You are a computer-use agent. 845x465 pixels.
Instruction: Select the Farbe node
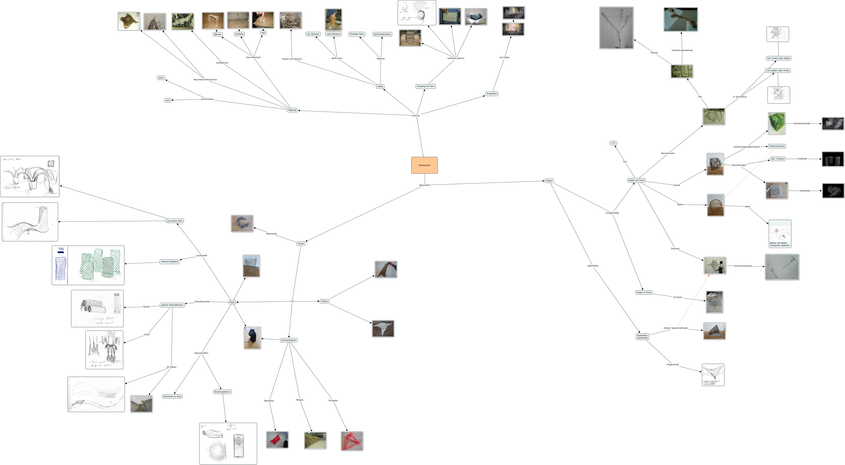tap(380, 87)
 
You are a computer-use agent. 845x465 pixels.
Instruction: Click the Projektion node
tap(491, 94)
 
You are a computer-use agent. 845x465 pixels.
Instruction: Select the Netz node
tap(232, 302)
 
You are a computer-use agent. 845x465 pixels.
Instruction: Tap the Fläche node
tap(324, 301)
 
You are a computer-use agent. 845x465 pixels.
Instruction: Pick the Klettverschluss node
tap(777, 146)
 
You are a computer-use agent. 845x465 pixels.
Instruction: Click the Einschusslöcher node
tap(222, 392)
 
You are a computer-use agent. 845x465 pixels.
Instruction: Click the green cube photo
tap(776, 124)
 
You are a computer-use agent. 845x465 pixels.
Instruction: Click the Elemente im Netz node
tap(172, 396)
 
